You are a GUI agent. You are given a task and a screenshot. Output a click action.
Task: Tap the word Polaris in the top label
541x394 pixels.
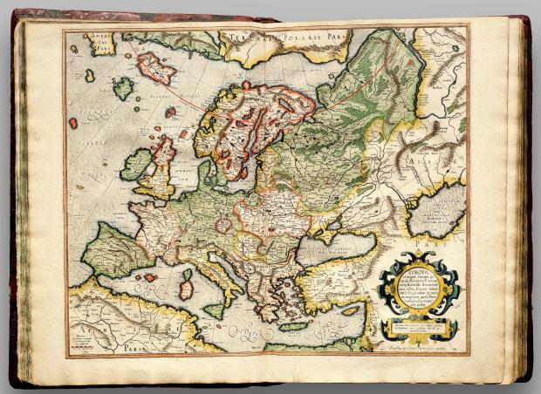[x=293, y=39]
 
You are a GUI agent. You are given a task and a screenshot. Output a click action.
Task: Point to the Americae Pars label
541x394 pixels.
[x=93, y=41]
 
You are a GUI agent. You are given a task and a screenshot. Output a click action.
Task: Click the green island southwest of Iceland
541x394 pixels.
[x=123, y=88]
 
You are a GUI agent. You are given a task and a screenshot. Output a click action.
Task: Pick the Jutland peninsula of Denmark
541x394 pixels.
[x=206, y=172]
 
